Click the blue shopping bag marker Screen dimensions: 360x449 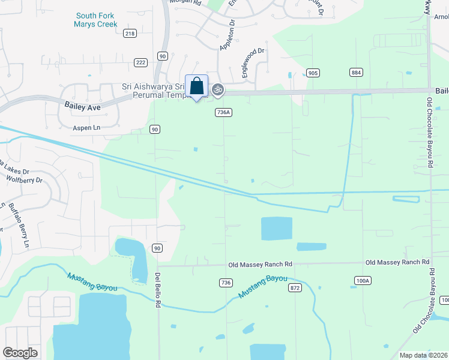coord(196,86)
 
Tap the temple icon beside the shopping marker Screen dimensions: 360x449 coord(218,90)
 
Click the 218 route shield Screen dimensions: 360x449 coord(130,34)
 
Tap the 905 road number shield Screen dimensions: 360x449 coord(313,73)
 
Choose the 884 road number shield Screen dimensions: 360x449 coord(356,73)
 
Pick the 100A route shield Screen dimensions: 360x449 coord(363,280)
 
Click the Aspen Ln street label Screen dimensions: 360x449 coord(86,128)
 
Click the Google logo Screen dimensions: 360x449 coord(20,353)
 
